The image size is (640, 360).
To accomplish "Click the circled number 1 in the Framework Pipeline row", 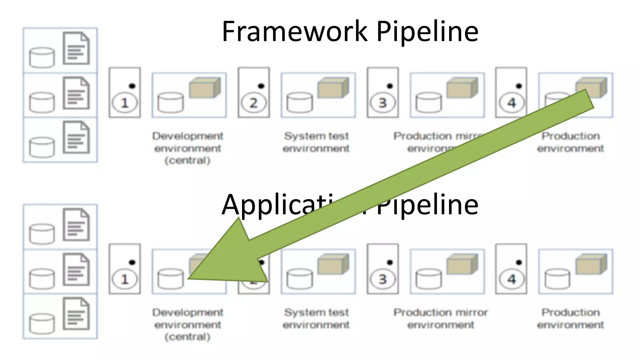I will (x=124, y=103).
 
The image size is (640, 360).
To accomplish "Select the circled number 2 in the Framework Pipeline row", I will (x=253, y=103).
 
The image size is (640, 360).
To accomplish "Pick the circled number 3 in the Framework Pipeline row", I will (x=382, y=103).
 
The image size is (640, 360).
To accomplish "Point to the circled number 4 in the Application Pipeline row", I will (x=511, y=279).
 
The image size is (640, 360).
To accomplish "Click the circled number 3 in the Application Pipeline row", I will (x=382, y=279).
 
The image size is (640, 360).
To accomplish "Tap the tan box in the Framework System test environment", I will (x=333, y=88).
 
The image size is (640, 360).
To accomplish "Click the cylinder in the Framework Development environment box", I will (x=170, y=102).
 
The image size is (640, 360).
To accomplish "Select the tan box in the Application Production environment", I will (x=591, y=264).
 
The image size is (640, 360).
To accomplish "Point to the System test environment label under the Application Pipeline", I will (x=316, y=318).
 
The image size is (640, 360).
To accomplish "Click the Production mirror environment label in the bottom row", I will (x=440, y=318).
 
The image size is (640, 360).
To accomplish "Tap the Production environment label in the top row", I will (x=570, y=142).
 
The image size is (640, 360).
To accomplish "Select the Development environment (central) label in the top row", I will (x=187, y=148).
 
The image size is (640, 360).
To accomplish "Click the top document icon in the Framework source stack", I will (x=76, y=48).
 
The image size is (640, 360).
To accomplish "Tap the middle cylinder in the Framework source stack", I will (x=42, y=102).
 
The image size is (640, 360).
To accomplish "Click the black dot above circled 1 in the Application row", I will (x=132, y=262).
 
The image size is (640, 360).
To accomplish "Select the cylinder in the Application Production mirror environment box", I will (x=428, y=279).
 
